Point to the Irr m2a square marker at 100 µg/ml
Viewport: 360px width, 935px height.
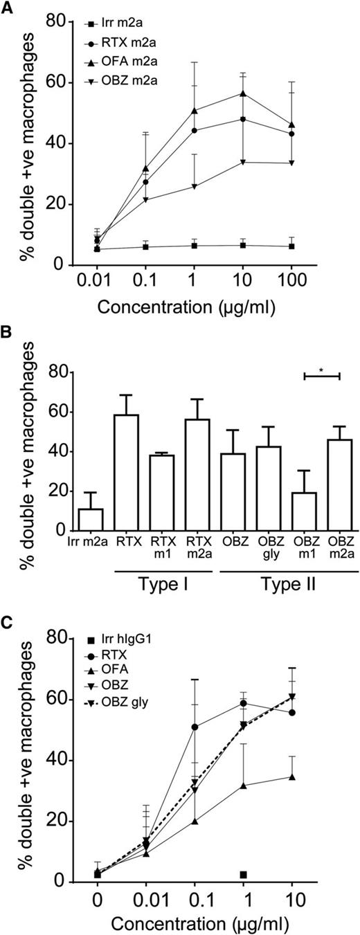292,246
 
